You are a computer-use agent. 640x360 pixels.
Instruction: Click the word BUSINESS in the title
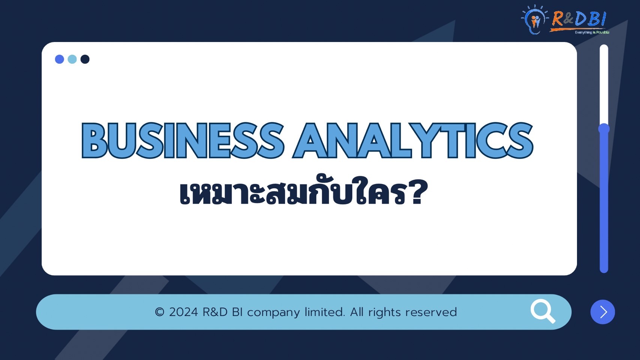pyautogui.click(x=183, y=140)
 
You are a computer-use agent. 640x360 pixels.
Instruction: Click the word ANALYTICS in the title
pyautogui.click(x=413, y=140)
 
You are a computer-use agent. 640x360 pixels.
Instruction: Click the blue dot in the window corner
pyautogui.click(x=59, y=59)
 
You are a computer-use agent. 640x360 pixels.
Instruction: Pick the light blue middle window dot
pyautogui.click(x=72, y=59)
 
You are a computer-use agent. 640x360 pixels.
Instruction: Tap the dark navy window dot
pyautogui.click(x=85, y=59)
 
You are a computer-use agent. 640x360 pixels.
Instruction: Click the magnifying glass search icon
pyautogui.click(x=543, y=311)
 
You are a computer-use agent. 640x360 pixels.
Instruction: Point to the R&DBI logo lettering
pyautogui.click(x=579, y=19)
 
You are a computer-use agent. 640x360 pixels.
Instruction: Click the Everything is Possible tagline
pyautogui.click(x=592, y=33)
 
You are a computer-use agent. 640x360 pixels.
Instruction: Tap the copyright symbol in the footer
pyautogui.click(x=159, y=312)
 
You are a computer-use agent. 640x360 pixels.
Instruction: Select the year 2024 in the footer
pyautogui.click(x=183, y=312)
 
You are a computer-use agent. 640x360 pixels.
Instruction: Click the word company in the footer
pyautogui.click(x=273, y=313)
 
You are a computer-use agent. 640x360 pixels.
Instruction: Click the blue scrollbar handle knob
pyautogui.click(x=604, y=129)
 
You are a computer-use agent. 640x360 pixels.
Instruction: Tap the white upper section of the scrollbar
pyautogui.click(x=604, y=84)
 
